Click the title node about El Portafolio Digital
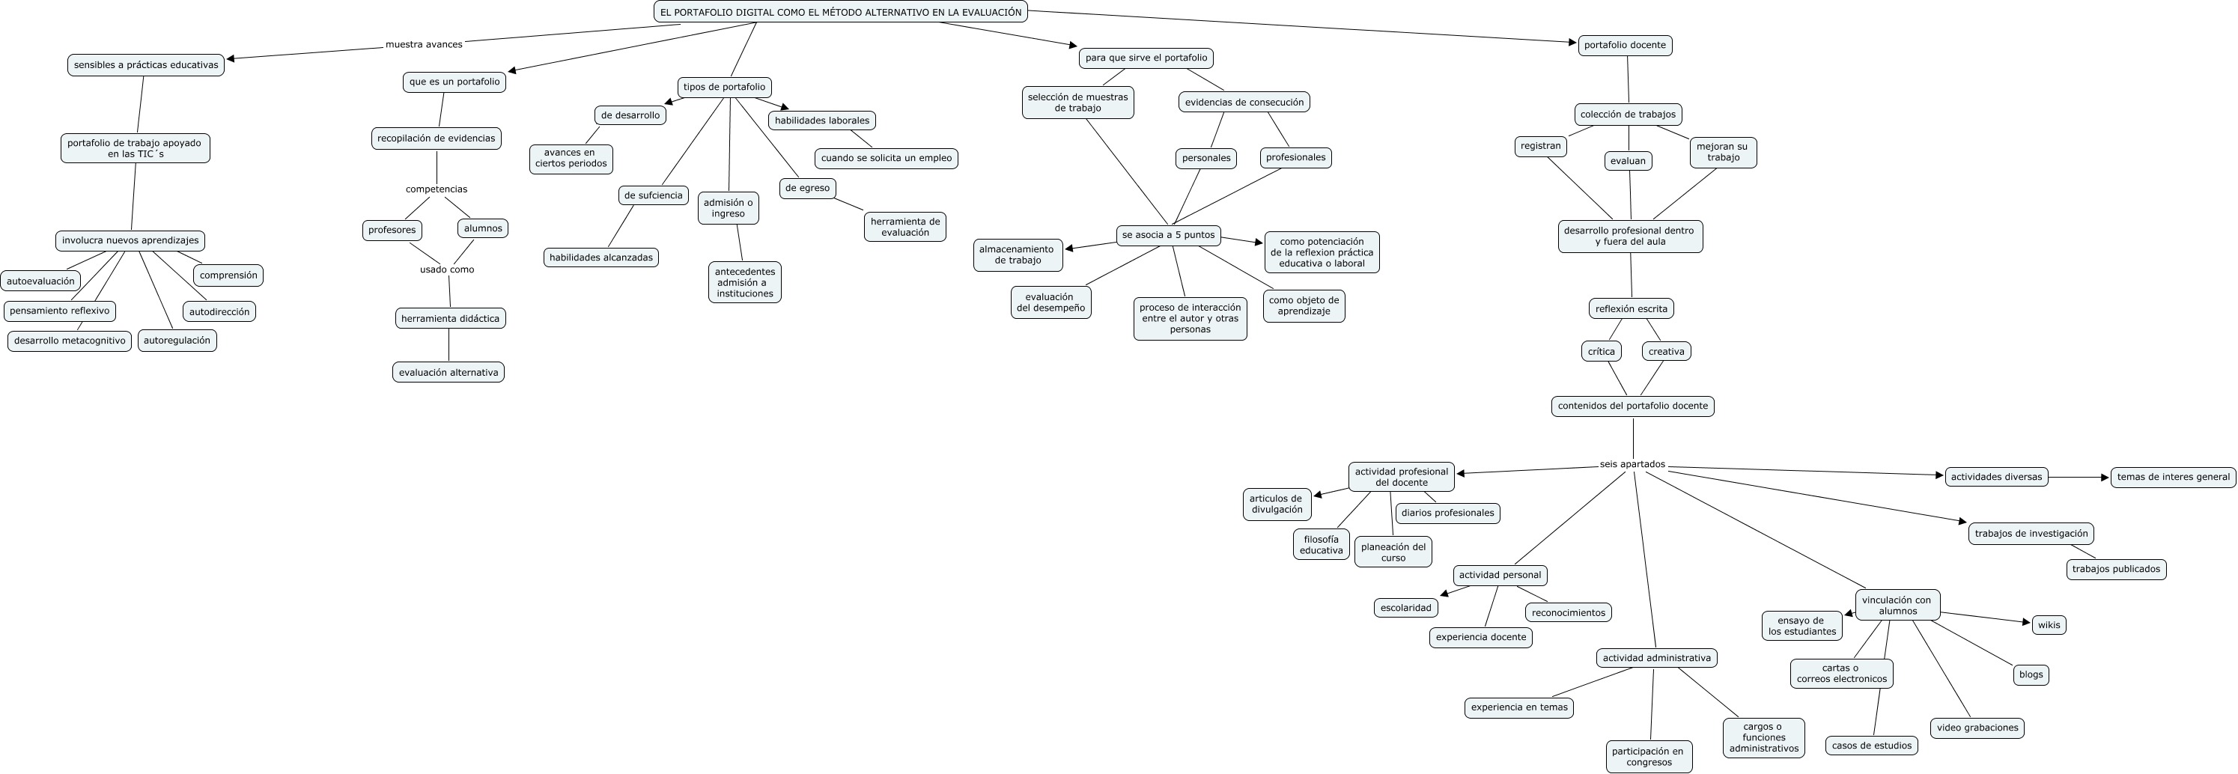[x=840, y=12]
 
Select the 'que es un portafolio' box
[x=454, y=82]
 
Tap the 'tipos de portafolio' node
[x=724, y=87]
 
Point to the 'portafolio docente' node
[x=1625, y=45]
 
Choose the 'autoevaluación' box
[x=41, y=281]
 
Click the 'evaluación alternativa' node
[x=448, y=373]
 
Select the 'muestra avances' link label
[x=424, y=44]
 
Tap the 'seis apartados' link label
[x=1632, y=465]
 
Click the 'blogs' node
[x=2031, y=675]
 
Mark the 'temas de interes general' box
[x=2173, y=477]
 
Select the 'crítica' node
[x=1601, y=352]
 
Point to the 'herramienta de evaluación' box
[x=904, y=227]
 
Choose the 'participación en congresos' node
[x=1648, y=757]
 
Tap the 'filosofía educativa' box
[x=1321, y=545]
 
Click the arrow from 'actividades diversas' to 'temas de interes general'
[x=2079, y=477]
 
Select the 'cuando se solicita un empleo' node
[x=887, y=158]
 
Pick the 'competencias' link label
[x=436, y=189]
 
